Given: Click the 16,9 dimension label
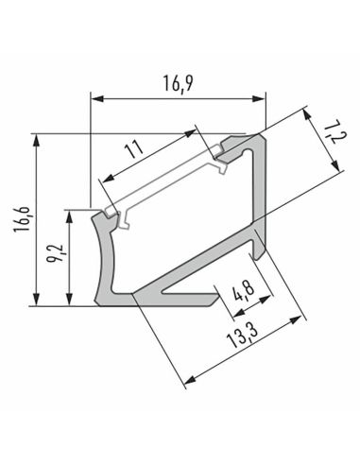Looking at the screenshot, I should pyautogui.click(x=176, y=83).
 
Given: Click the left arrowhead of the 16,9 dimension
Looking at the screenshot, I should pyautogui.click(x=95, y=96).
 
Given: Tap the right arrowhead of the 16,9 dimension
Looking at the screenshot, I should pyautogui.click(x=262, y=96).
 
